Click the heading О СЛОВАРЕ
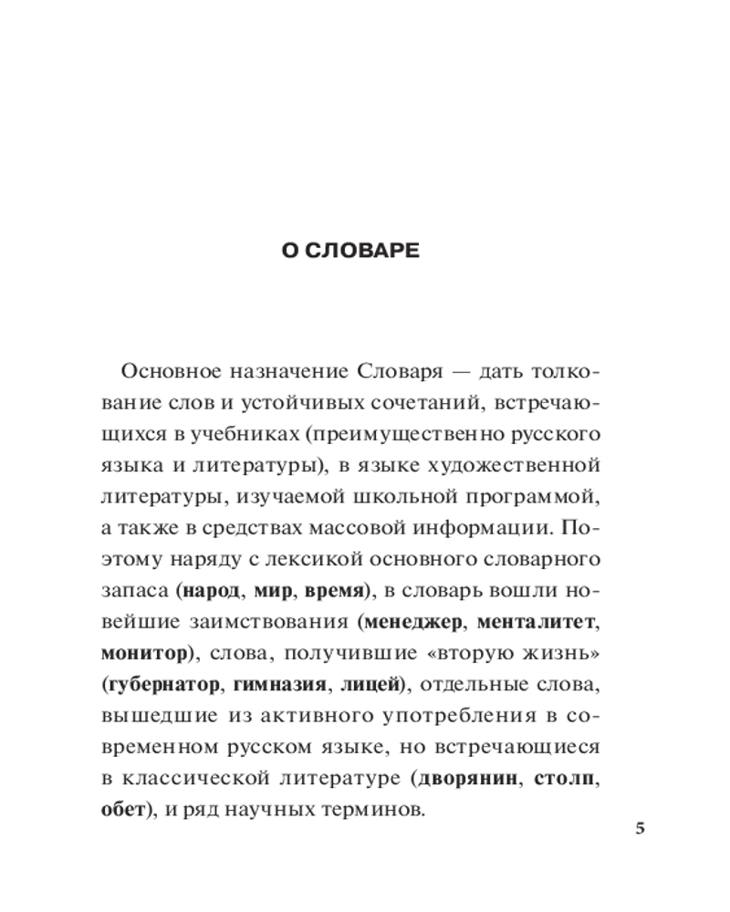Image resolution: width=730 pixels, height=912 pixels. [x=350, y=252]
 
